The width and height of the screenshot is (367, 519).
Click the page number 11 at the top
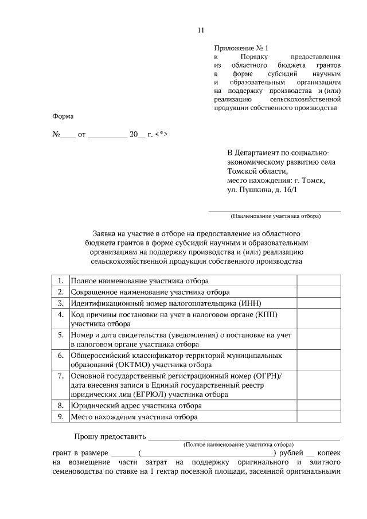[200, 30]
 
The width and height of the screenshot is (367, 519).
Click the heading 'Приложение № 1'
[241, 48]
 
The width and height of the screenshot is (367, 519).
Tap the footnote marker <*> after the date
[161, 135]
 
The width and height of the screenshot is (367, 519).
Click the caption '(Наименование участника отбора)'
[275, 216]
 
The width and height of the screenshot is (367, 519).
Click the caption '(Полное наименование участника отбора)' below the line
[238, 444]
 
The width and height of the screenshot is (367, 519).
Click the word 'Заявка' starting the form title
[106, 234]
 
